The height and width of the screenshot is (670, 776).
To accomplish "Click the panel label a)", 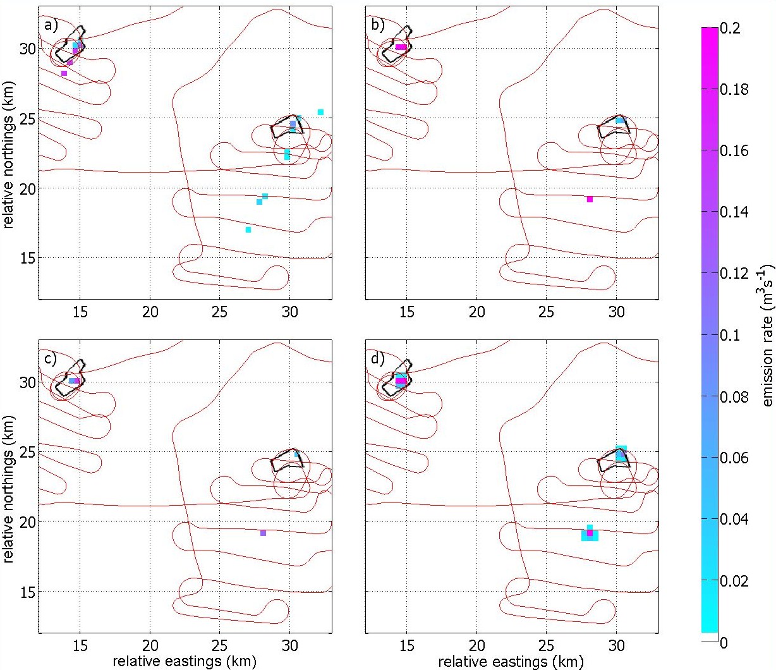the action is point(51,25).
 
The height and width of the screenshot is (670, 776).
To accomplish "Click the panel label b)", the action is point(378,25).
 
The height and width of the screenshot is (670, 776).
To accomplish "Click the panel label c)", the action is point(51,359).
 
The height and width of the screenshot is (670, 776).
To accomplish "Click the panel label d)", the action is point(378,359).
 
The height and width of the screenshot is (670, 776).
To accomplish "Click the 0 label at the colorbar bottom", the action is point(724,643).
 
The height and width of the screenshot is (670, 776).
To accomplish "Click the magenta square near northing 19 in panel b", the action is point(590,199).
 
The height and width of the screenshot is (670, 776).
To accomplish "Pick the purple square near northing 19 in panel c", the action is point(263,533).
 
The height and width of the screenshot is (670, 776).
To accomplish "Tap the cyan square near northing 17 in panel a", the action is point(248,230).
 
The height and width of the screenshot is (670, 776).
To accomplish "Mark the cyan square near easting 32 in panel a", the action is point(320,112).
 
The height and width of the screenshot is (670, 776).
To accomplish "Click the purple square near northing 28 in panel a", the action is point(64,73).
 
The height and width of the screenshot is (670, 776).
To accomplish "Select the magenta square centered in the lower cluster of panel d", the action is point(590,533).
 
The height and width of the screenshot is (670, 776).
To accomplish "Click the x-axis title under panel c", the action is point(185,661).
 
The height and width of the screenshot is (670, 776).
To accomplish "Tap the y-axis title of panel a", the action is point(8,154).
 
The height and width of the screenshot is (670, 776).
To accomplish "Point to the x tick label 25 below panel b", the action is point(546,312).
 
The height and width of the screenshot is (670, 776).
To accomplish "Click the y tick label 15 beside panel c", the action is point(27,592).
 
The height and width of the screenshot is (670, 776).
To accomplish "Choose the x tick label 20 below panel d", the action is point(477,646).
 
